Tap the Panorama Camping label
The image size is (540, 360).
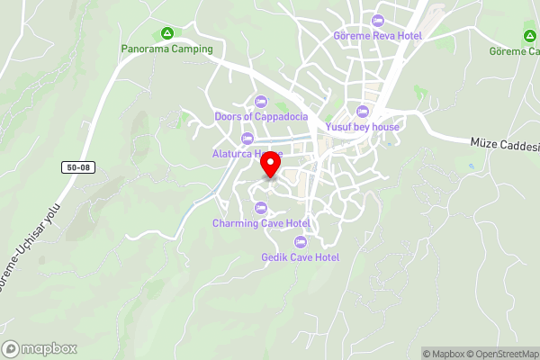pyautogui.click(x=167, y=49)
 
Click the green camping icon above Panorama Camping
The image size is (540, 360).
pyautogui.click(x=166, y=33)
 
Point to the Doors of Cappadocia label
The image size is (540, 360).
pyautogui.click(x=262, y=116)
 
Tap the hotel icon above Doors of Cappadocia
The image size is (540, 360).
pyautogui.click(x=261, y=101)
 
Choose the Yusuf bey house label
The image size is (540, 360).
pyautogui.click(x=363, y=127)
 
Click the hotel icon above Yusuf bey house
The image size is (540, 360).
pyautogui.click(x=363, y=112)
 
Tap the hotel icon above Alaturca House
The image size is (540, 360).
pyautogui.click(x=247, y=138)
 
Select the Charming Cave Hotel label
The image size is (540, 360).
pyautogui.click(x=261, y=223)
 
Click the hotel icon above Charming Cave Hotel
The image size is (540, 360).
pyautogui.click(x=261, y=208)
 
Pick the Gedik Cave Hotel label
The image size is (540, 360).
pyautogui.click(x=300, y=257)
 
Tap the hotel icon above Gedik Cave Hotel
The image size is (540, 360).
pyautogui.click(x=300, y=241)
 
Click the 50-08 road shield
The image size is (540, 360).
pyautogui.click(x=77, y=167)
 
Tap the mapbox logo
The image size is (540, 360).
pyautogui.click(x=40, y=348)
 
